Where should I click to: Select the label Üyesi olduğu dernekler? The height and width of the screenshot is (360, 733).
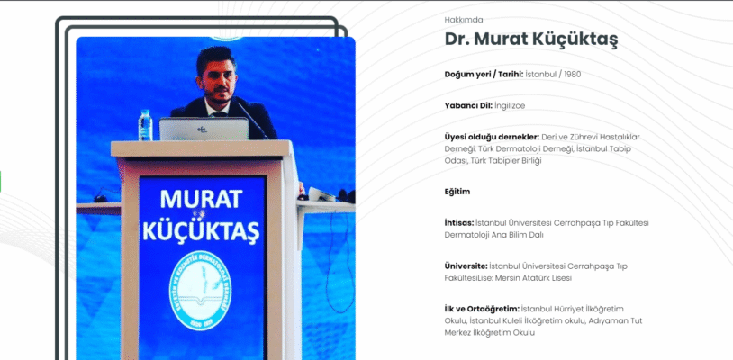pos(491,137)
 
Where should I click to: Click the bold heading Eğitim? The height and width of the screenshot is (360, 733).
pos(457,192)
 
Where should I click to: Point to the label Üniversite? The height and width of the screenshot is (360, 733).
pos(465,266)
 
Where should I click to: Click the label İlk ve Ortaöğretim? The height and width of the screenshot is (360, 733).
pos(482,310)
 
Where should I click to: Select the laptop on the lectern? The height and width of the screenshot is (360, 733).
pos(204,130)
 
